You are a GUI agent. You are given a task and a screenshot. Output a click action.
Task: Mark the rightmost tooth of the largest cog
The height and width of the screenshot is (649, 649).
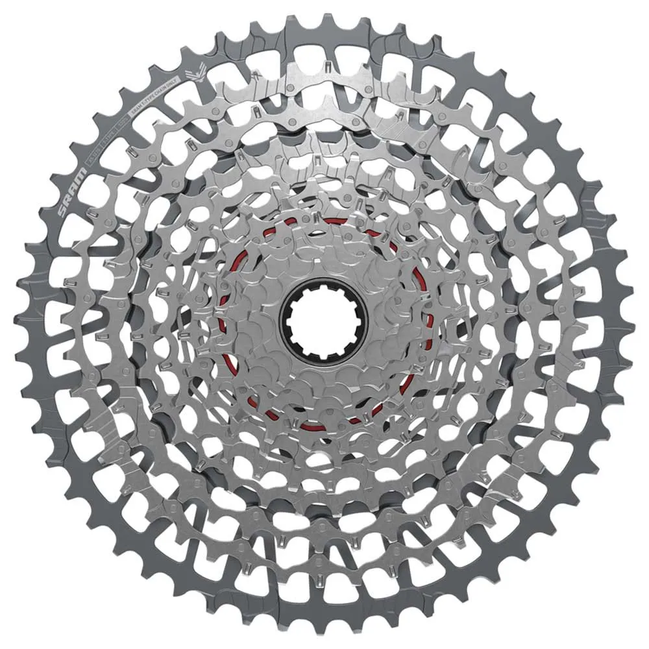coord(635,324)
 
